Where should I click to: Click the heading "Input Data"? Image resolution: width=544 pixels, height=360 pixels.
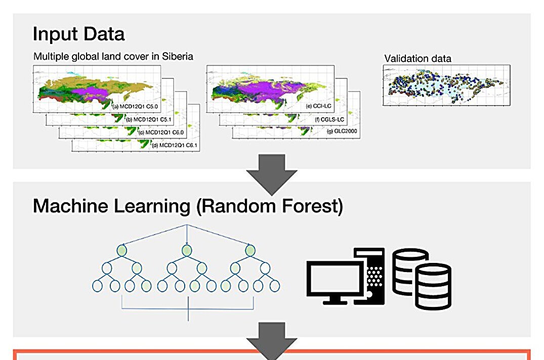point(78,34)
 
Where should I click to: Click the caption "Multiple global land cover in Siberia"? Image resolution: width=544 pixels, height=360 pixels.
point(113,56)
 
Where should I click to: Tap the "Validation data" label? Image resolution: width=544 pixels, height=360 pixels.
point(417,58)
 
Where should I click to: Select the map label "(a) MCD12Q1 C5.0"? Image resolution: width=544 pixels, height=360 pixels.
point(135,106)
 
